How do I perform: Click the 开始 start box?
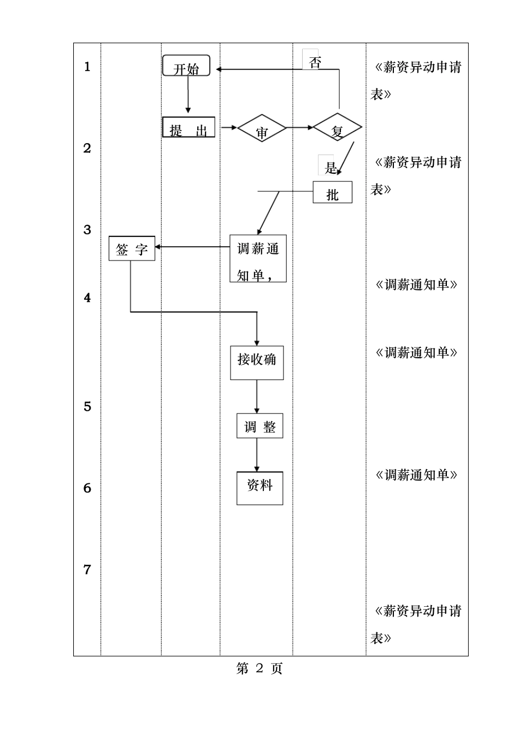[186, 66]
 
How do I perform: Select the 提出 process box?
[188, 127]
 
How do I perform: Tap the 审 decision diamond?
[262, 129]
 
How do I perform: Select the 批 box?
[332, 192]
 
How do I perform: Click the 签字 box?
[132, 248]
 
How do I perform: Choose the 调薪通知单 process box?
[258, 258]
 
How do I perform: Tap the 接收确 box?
[257, 363]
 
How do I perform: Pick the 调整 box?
[259, 426]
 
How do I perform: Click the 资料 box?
[259, 488]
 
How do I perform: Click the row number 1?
[87, 67]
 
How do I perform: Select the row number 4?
[87, 298]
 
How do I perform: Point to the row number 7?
[87, 570]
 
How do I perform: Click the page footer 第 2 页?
[259, 668]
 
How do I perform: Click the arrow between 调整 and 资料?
[257, 454]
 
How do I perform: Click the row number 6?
[87, 488]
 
